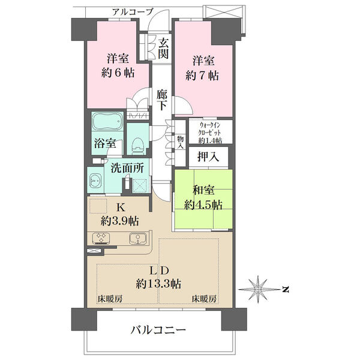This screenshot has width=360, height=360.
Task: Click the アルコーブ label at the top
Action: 133,12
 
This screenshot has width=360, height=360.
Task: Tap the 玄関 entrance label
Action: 163,48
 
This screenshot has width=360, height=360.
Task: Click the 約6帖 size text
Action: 118,73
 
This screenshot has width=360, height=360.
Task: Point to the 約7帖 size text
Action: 202,76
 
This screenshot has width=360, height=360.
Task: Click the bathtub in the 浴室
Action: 107,121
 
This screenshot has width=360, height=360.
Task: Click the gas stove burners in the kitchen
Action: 101,238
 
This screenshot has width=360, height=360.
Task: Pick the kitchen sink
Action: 137,238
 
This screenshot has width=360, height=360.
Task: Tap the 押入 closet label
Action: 208,157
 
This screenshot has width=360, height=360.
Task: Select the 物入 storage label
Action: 180,142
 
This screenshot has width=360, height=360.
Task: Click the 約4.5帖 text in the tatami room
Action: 203,204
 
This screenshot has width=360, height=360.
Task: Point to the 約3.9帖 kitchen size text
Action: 119,221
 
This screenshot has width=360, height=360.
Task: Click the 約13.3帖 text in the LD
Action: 158,284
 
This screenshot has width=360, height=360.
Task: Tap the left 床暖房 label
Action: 110,299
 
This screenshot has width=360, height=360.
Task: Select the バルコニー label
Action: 158,331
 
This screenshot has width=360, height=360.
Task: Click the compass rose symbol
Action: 258,289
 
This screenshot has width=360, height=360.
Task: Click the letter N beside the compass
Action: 286,290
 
